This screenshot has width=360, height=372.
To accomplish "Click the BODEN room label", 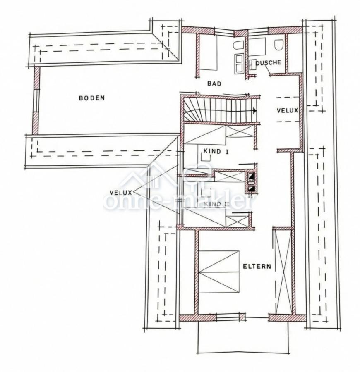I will pyautogui.click(x=91, y=98).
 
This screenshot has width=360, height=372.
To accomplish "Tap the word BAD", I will pyautogui.click(x=214, y=83).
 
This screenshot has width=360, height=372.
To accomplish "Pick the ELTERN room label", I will pyautogui.click(x=257, y=266).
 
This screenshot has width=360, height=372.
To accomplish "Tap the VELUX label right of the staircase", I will pyautogui.click(x=287, y=110).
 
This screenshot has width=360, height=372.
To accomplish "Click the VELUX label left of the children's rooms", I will pyautogui.click(x=121, y=192).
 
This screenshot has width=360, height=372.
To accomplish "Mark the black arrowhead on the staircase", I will pyautogui.click(x=254, y=111).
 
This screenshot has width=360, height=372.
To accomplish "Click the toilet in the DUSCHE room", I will pyautogui.click(x=278, y=44).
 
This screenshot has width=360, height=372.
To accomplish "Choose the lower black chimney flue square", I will pyautogui.click(x=251, y=189).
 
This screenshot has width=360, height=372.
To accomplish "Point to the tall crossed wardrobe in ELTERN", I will pyautogui.click(x=283, y=271).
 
